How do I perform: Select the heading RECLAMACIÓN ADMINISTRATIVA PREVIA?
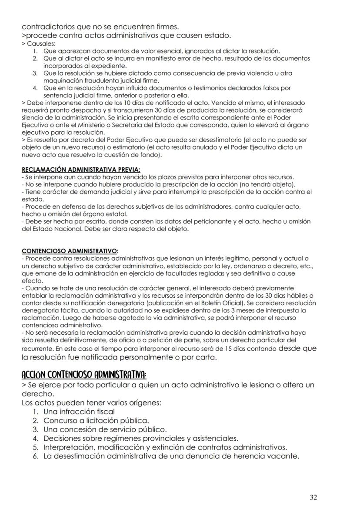click(x=81, y=170)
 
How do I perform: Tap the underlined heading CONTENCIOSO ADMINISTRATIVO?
click(x=69, y=251)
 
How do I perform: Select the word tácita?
click(x=64, y=310)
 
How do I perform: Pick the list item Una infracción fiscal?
click(x=79, y=412)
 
